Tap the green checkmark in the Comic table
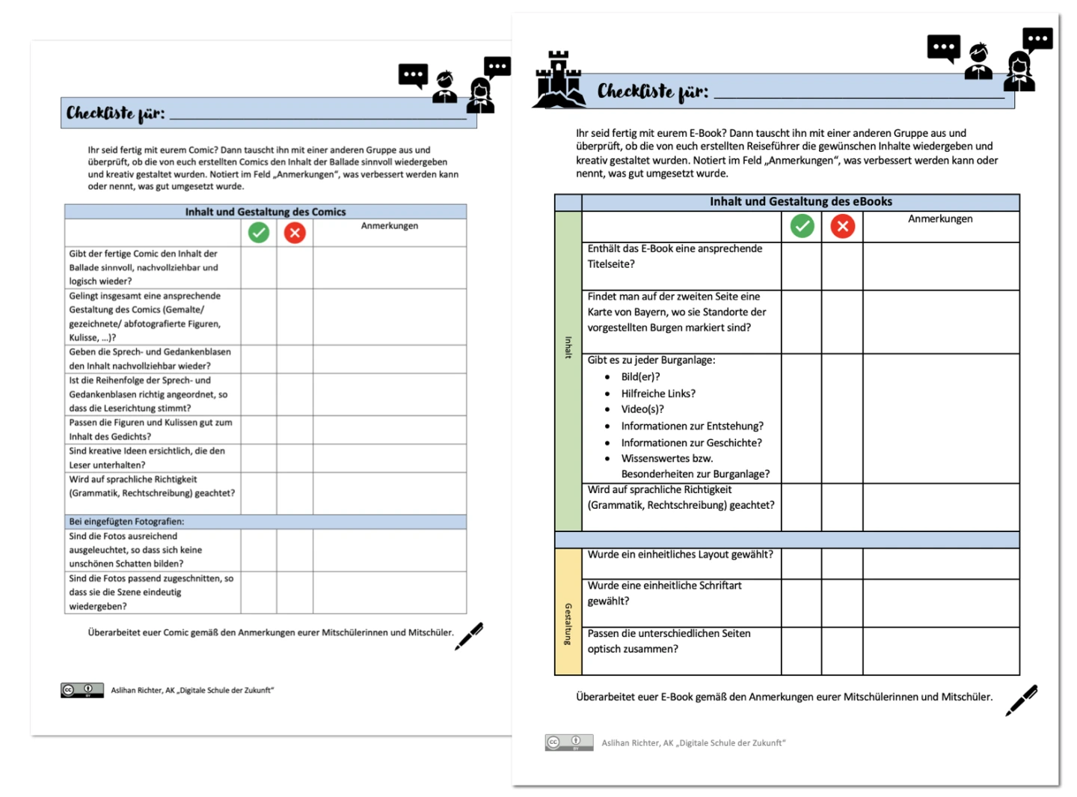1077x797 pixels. (x=259, y=233)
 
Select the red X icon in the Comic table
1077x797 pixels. (x=295, y=233)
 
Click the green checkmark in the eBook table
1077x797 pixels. (x=802, y=226)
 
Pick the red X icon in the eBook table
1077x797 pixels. (x=842, y=226)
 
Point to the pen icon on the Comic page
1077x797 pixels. (x=469, y=636)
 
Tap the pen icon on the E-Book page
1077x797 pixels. (x=1021, y=700)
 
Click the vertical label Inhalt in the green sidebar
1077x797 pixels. (x=568, y=347)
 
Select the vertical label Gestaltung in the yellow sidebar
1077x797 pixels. (x=568, y=623)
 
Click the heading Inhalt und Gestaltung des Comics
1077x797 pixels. (x=266, y=212)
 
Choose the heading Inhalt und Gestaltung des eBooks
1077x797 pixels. (x=800, y=201)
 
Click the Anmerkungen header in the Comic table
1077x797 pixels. (x=389, y=226)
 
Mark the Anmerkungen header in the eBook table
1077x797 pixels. (x=940, y=219)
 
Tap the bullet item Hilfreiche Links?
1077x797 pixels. (x=657, y=394)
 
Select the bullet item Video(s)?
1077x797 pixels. (x=642, y=409)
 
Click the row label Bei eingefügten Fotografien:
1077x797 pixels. (x=126, y=522)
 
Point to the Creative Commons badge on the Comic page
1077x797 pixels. (x=82, y=690)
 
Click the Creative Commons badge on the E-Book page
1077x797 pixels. (x=568, y=742)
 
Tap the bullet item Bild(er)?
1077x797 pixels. (x=640, y=377)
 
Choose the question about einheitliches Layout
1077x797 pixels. (x=680, y=555)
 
